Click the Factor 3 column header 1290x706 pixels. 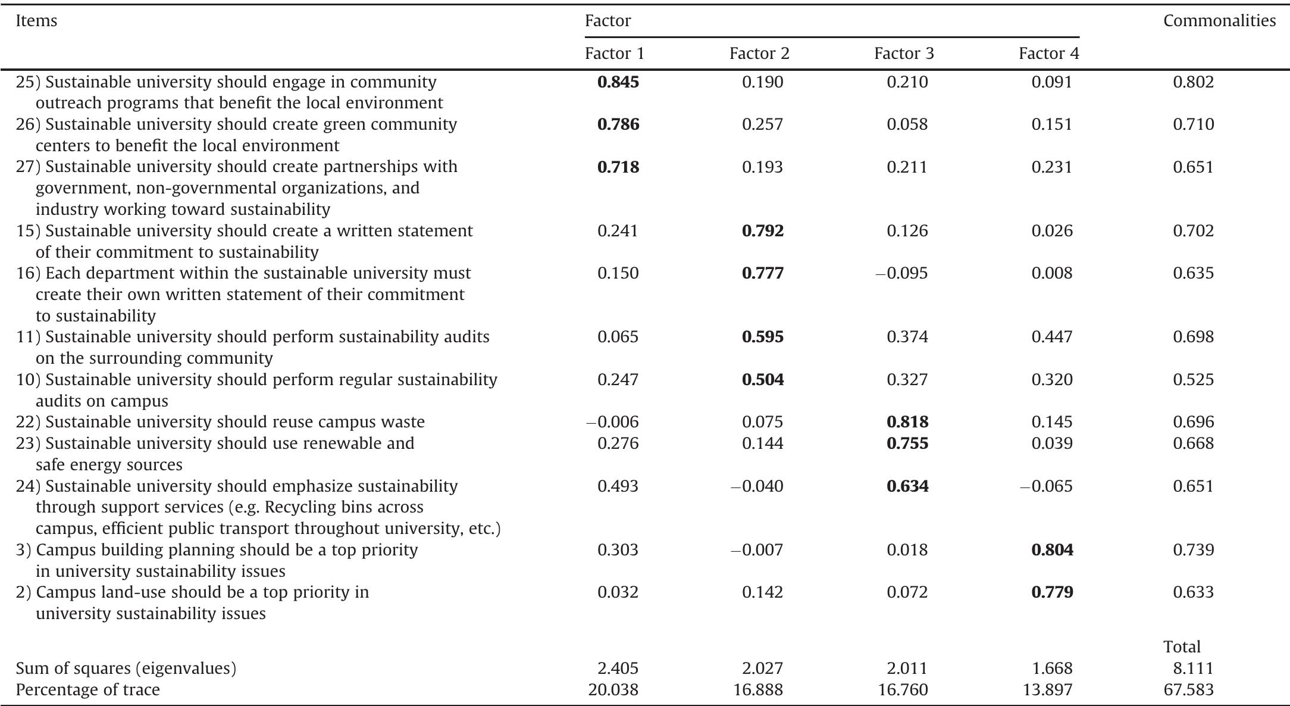(x=904, y=54)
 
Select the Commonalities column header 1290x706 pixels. (x=1219, y=21)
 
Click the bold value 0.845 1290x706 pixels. (x=618, y=82)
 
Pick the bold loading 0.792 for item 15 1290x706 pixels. (x=763, y=230)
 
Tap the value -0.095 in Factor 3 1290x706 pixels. (x=901, y=273)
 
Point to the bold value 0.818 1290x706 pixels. (x=907, y=422)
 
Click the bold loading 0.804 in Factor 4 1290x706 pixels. (x=1052, y=549)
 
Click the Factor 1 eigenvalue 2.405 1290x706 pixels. (x=618, y=668)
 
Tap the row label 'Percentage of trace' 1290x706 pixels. (x=87, y=690)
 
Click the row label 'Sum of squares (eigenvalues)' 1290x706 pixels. (x=126, y=668)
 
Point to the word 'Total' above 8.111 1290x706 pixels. (x=1182, y=647)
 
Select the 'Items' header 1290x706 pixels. (x=36, y=21)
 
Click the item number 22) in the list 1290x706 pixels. (x=28, y=422)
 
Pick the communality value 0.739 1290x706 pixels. (x=1193, y=549)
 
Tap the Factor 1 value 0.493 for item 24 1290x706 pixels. (x=618, y=486)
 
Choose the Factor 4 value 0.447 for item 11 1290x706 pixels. (x=1052, y=337)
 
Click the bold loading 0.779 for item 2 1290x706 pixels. (x=1052, y=592)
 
